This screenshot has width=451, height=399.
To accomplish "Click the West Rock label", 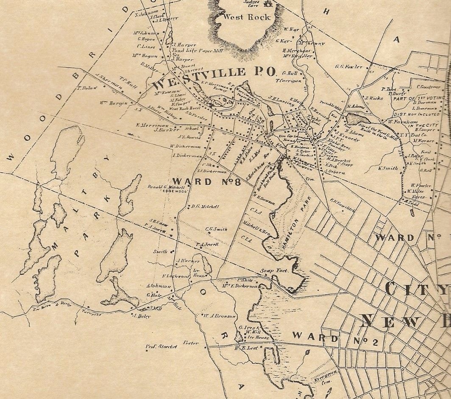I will pyautogui.click(x=241, y=18).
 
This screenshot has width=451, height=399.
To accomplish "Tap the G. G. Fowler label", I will pyautogui.click(x=349, y=67).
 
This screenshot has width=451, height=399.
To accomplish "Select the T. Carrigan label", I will pyautogui.click(x=289, y=80).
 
